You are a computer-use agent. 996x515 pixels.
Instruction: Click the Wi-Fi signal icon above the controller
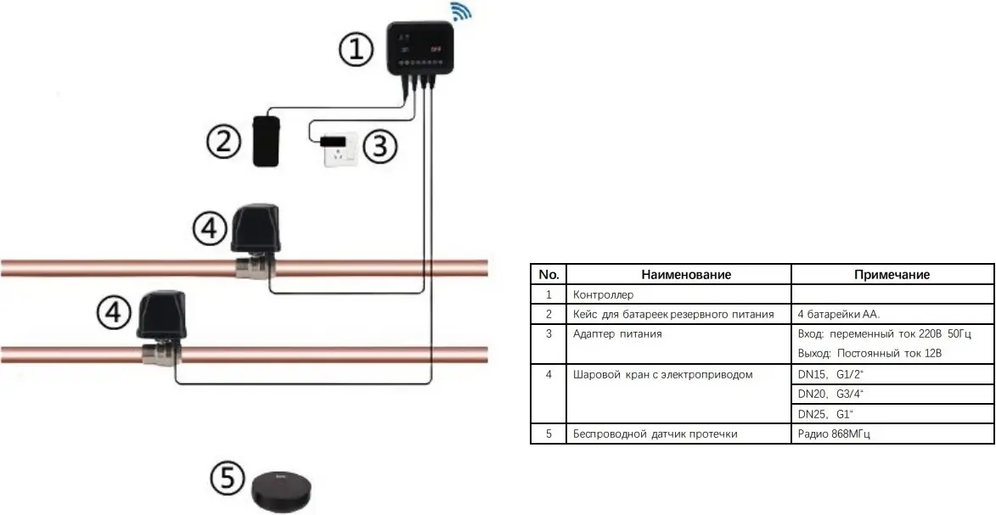click(x=461, y=13)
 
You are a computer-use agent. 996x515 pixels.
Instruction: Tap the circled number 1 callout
click(x=356, y=50)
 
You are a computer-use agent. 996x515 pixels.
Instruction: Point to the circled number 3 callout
click(x=380, y=147)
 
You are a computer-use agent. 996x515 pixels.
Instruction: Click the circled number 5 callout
click(x=227, y=480)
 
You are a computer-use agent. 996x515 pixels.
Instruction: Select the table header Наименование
click(x=686, y=275)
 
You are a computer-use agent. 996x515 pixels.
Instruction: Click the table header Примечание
click(x=892, y=275)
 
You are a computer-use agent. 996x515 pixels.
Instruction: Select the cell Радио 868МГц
click(x=835, y=434)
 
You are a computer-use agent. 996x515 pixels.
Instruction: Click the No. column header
click(x=549, y=275)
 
